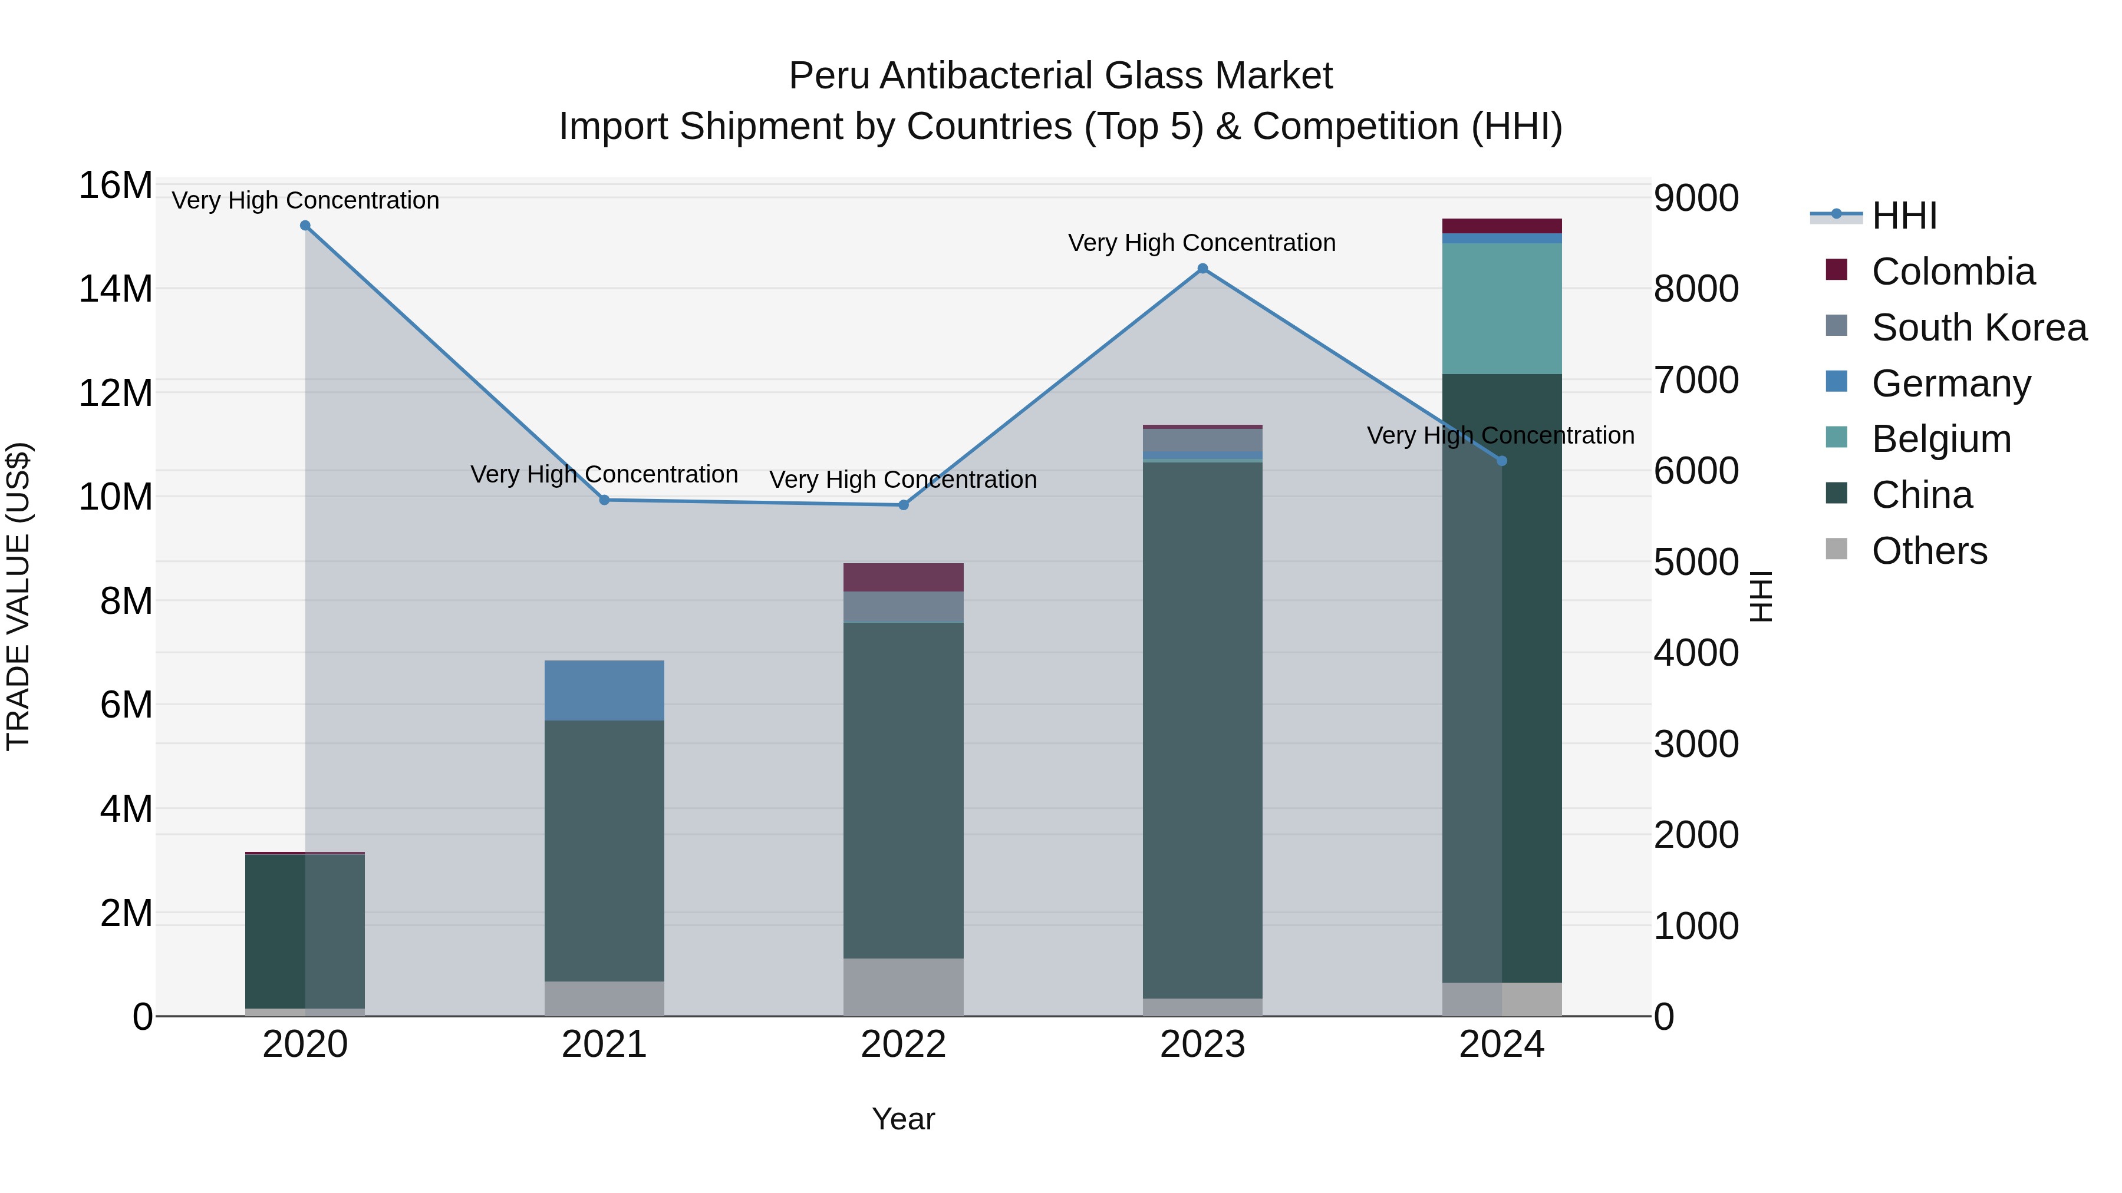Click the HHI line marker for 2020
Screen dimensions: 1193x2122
(305, 226)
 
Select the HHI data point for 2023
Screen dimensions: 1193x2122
(1202, 269)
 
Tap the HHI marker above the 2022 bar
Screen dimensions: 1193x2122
(903, 505)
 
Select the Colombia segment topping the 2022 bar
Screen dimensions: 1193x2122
(903, 577)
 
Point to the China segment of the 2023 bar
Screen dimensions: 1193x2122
(1202, 729)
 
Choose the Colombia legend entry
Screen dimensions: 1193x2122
(1952, 272)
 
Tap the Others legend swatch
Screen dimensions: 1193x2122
(1836, 549)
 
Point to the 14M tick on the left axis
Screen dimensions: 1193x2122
(116, 289)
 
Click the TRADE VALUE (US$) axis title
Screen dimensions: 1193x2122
(18, 596)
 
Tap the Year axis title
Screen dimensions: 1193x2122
(903, 1119)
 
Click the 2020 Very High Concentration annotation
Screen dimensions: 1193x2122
(305, 200)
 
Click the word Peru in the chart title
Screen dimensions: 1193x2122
(829, 76)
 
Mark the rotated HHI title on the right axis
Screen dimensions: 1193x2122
(1759, 596)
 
